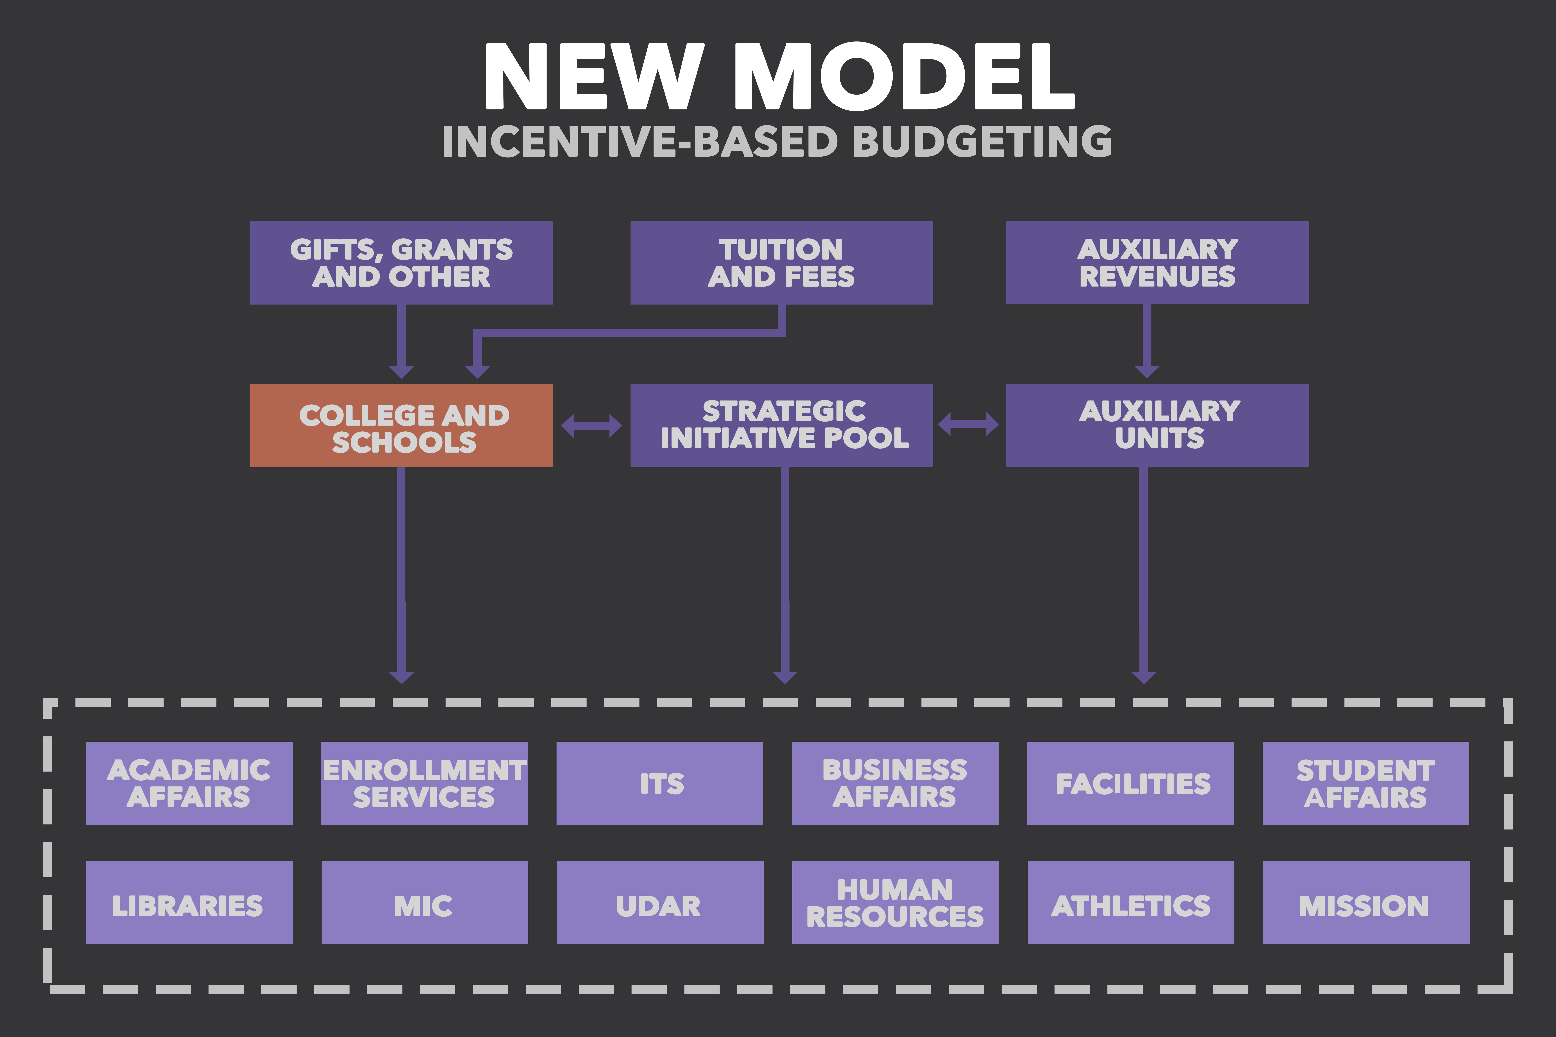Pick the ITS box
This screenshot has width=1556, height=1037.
tap(660, 783)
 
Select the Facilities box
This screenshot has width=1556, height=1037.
tap(1131, 783)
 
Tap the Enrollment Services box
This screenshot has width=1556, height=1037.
tap(425, 783)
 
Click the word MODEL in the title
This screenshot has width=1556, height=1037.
tap(904, 76)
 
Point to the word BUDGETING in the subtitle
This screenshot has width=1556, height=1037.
tap(982, 142)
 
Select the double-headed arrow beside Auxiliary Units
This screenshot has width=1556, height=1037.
tap(969, 425)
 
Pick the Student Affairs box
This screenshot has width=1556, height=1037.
tap(1366, 783)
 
